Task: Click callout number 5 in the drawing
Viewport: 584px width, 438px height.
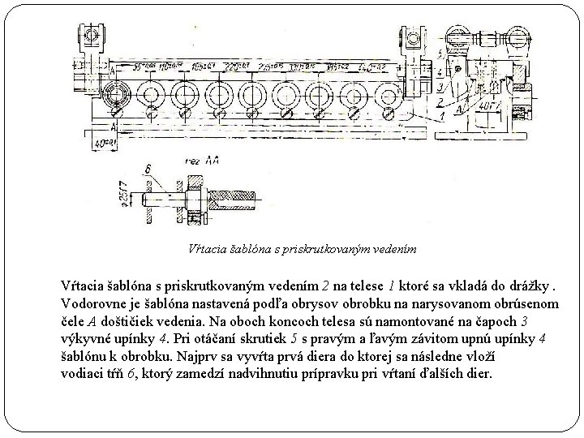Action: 440,53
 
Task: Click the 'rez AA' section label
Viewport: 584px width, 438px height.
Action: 202,162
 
